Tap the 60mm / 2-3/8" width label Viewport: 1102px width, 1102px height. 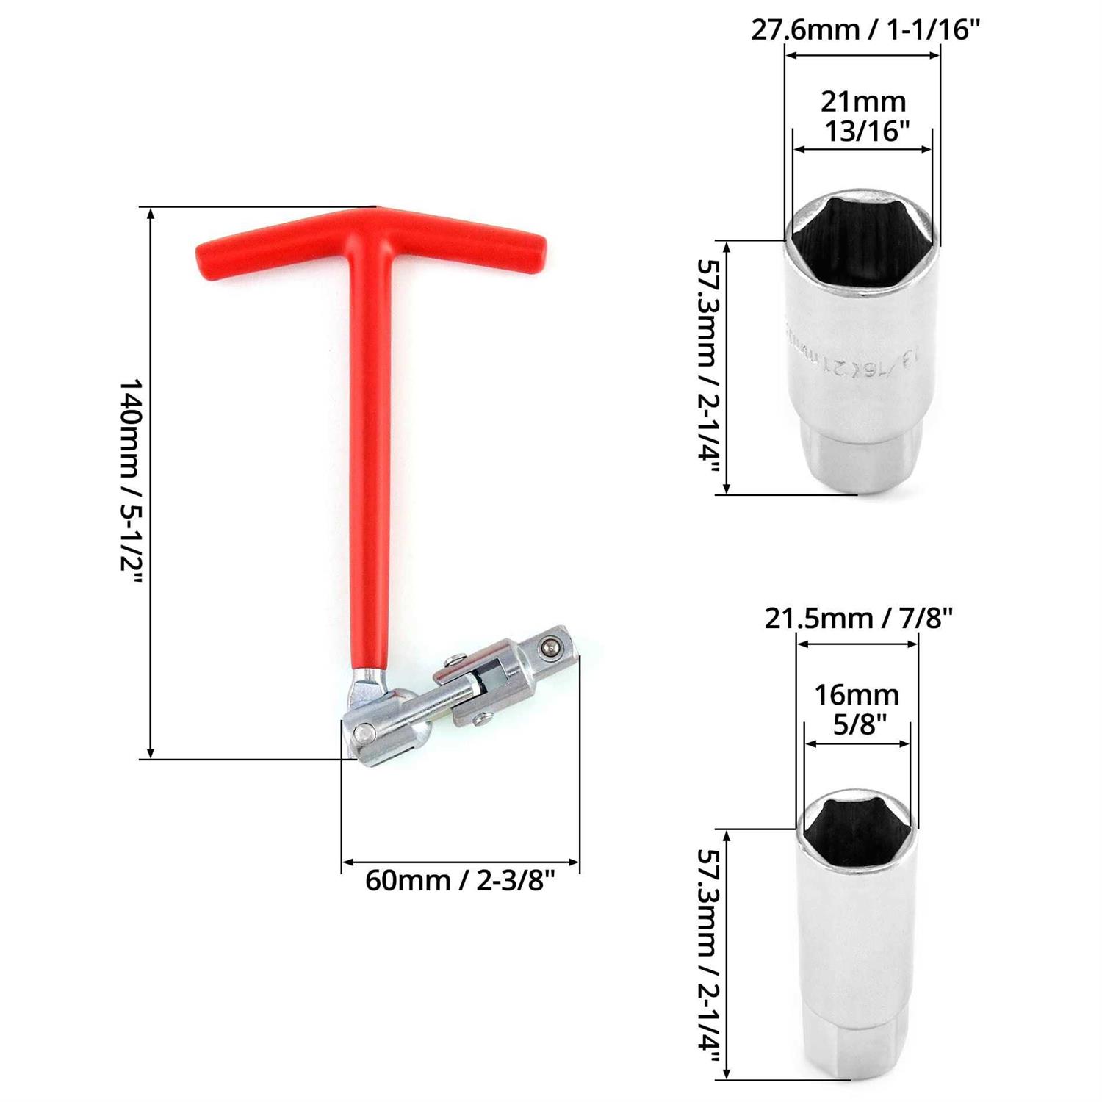(460, 879)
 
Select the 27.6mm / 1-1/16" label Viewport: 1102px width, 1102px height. (865, 30)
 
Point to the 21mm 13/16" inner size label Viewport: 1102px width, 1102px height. (863, 116)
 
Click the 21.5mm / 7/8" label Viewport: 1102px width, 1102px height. (858, 619)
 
